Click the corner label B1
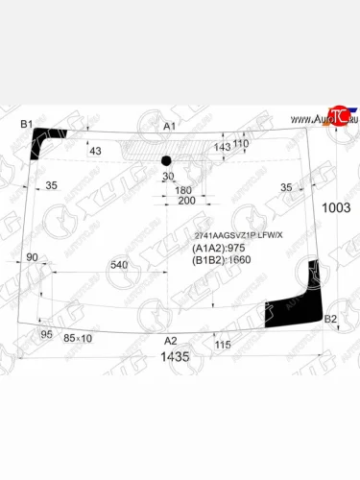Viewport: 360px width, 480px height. tap(27, 125)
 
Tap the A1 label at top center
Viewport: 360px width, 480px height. tap(170, 127)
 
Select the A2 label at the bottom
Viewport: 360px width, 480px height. tap(170, 341)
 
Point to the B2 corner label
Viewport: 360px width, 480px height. tap(330, 319)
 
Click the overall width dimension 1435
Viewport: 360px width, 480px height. tap(175, 357)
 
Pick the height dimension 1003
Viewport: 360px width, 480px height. tap(335, 207)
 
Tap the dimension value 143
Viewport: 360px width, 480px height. tap(223, 147)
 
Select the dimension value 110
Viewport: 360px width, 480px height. tap(241, 143)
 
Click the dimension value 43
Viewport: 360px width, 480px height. tap(94, 151)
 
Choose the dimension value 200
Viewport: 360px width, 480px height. tap(186, 201)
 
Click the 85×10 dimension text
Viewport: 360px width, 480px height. tap(78, 338)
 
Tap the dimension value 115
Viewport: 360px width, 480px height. tap(223, 345)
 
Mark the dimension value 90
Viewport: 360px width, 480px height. tap(32, 257)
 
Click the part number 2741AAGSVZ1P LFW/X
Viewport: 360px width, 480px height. tap(239, 235)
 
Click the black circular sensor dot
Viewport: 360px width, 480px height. tap(165, 159)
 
